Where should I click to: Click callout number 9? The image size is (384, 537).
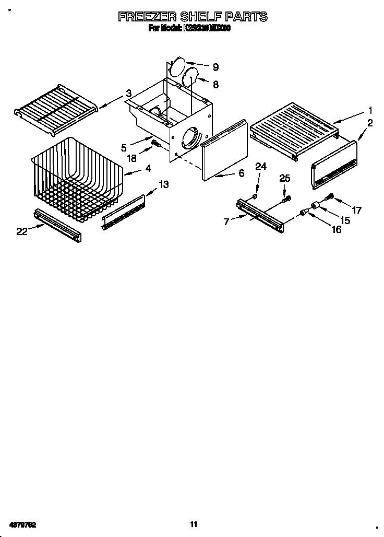[x=215, y=67]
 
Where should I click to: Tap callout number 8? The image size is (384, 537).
[x=215, y=84]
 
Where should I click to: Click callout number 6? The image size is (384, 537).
[x=241, y=173]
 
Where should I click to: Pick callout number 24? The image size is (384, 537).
[x=260, y=167]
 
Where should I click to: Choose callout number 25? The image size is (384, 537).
[x=284, y=179]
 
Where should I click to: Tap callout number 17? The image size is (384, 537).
[x=356, y=211]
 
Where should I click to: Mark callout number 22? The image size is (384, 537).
[x=21, y=231]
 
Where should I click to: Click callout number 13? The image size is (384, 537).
[x=164, y=184]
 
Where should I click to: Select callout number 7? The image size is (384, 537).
[x=226, y=222]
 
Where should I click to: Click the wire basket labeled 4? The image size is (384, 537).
[x=78, y=178]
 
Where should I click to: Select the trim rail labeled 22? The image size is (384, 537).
[x=57, y=225]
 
